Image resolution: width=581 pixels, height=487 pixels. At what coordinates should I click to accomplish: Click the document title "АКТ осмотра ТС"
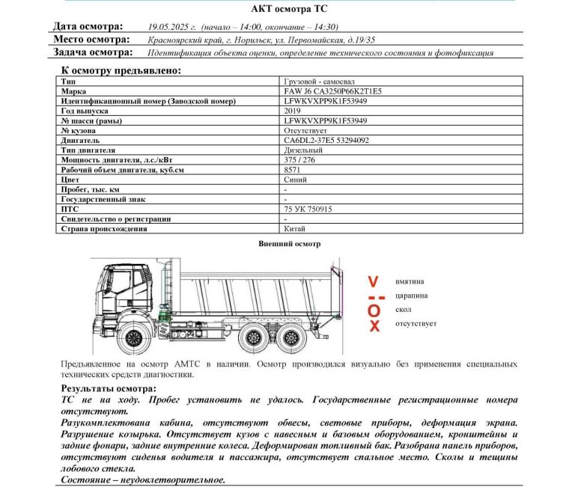click(290, 8)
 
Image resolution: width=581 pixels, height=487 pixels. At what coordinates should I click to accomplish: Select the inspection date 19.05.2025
click(172, 27)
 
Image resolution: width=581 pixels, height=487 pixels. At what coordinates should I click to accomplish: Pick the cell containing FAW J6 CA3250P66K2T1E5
click(332, 91)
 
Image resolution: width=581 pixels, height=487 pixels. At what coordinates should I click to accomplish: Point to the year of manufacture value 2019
click(293, 110)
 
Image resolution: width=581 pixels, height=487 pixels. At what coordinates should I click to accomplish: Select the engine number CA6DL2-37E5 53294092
click(326, 140)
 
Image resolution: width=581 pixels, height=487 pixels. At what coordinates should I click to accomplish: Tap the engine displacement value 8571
click(293, 170)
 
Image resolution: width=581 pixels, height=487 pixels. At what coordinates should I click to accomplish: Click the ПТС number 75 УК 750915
click(308, 209)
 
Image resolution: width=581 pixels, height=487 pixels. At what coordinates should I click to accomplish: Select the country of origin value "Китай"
click(295, 229)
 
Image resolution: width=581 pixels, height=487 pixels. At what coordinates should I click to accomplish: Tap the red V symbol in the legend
click(373, 282)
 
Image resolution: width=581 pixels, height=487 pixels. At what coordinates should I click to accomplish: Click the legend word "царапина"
click(412, 295)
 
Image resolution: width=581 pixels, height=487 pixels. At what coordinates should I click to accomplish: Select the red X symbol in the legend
click(374, 325)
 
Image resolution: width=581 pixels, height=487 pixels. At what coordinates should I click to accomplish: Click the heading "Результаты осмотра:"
click(109, 389)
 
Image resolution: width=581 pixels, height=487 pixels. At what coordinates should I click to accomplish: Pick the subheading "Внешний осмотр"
click(289, 244)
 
